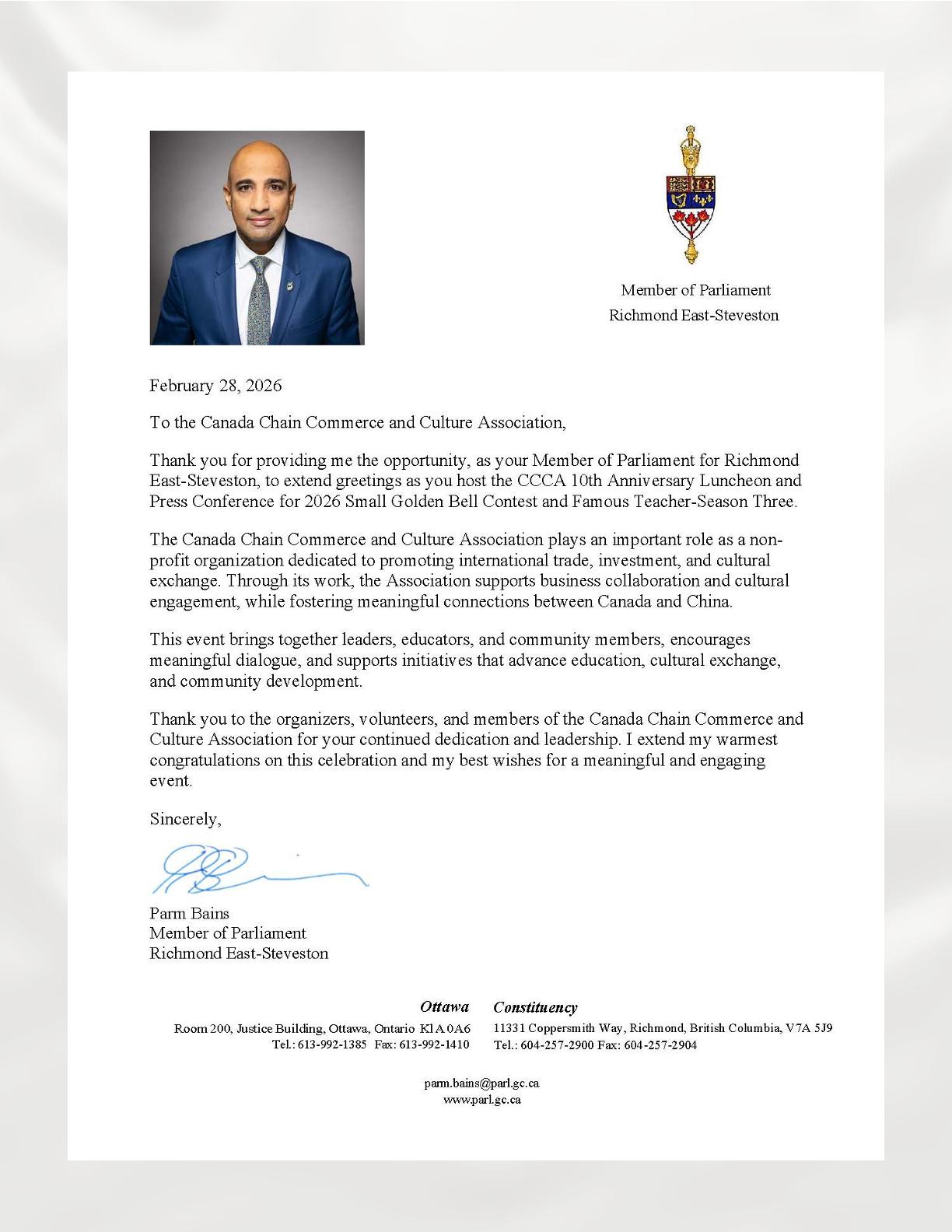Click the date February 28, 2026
pos(215,386)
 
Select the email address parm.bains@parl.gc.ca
pos(481,1083)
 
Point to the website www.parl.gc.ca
pos(481,1100)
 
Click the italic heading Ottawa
pos(444,1007)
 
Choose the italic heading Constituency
pos(535,1007)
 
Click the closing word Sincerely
pos(185,819)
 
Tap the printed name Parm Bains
pos(189,912)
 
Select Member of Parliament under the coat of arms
pos(695,290)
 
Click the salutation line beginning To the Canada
pos(358,423)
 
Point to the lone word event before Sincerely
pos(170,781)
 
